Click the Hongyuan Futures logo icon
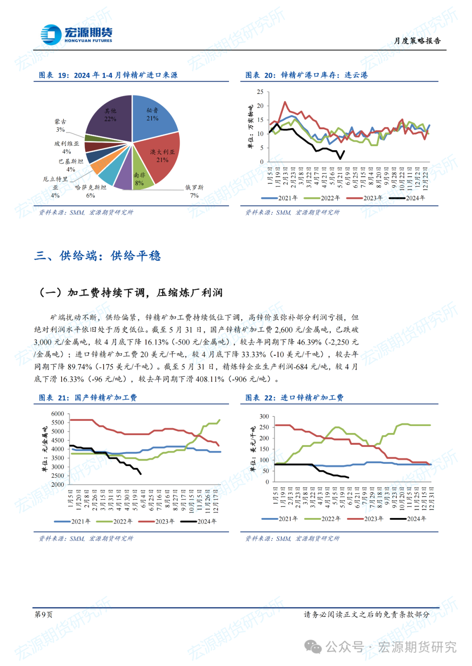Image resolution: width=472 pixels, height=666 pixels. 51,34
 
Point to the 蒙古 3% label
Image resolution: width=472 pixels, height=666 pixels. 60,125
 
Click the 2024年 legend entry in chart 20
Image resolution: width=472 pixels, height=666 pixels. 407,198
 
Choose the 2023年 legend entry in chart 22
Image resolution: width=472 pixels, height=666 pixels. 365,519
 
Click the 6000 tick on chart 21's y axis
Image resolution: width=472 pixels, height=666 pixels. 57,414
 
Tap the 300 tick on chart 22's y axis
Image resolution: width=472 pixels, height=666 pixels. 264,416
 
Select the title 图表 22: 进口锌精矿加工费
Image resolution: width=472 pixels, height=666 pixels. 294,398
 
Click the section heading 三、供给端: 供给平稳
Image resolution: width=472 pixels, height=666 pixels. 97,255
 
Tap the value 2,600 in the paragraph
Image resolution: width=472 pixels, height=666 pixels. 284,330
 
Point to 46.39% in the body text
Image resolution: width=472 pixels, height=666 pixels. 309,342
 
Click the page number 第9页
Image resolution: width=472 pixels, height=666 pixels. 44,615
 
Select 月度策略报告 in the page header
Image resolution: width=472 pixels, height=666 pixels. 417,41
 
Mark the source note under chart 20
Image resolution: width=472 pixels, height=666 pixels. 292,213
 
